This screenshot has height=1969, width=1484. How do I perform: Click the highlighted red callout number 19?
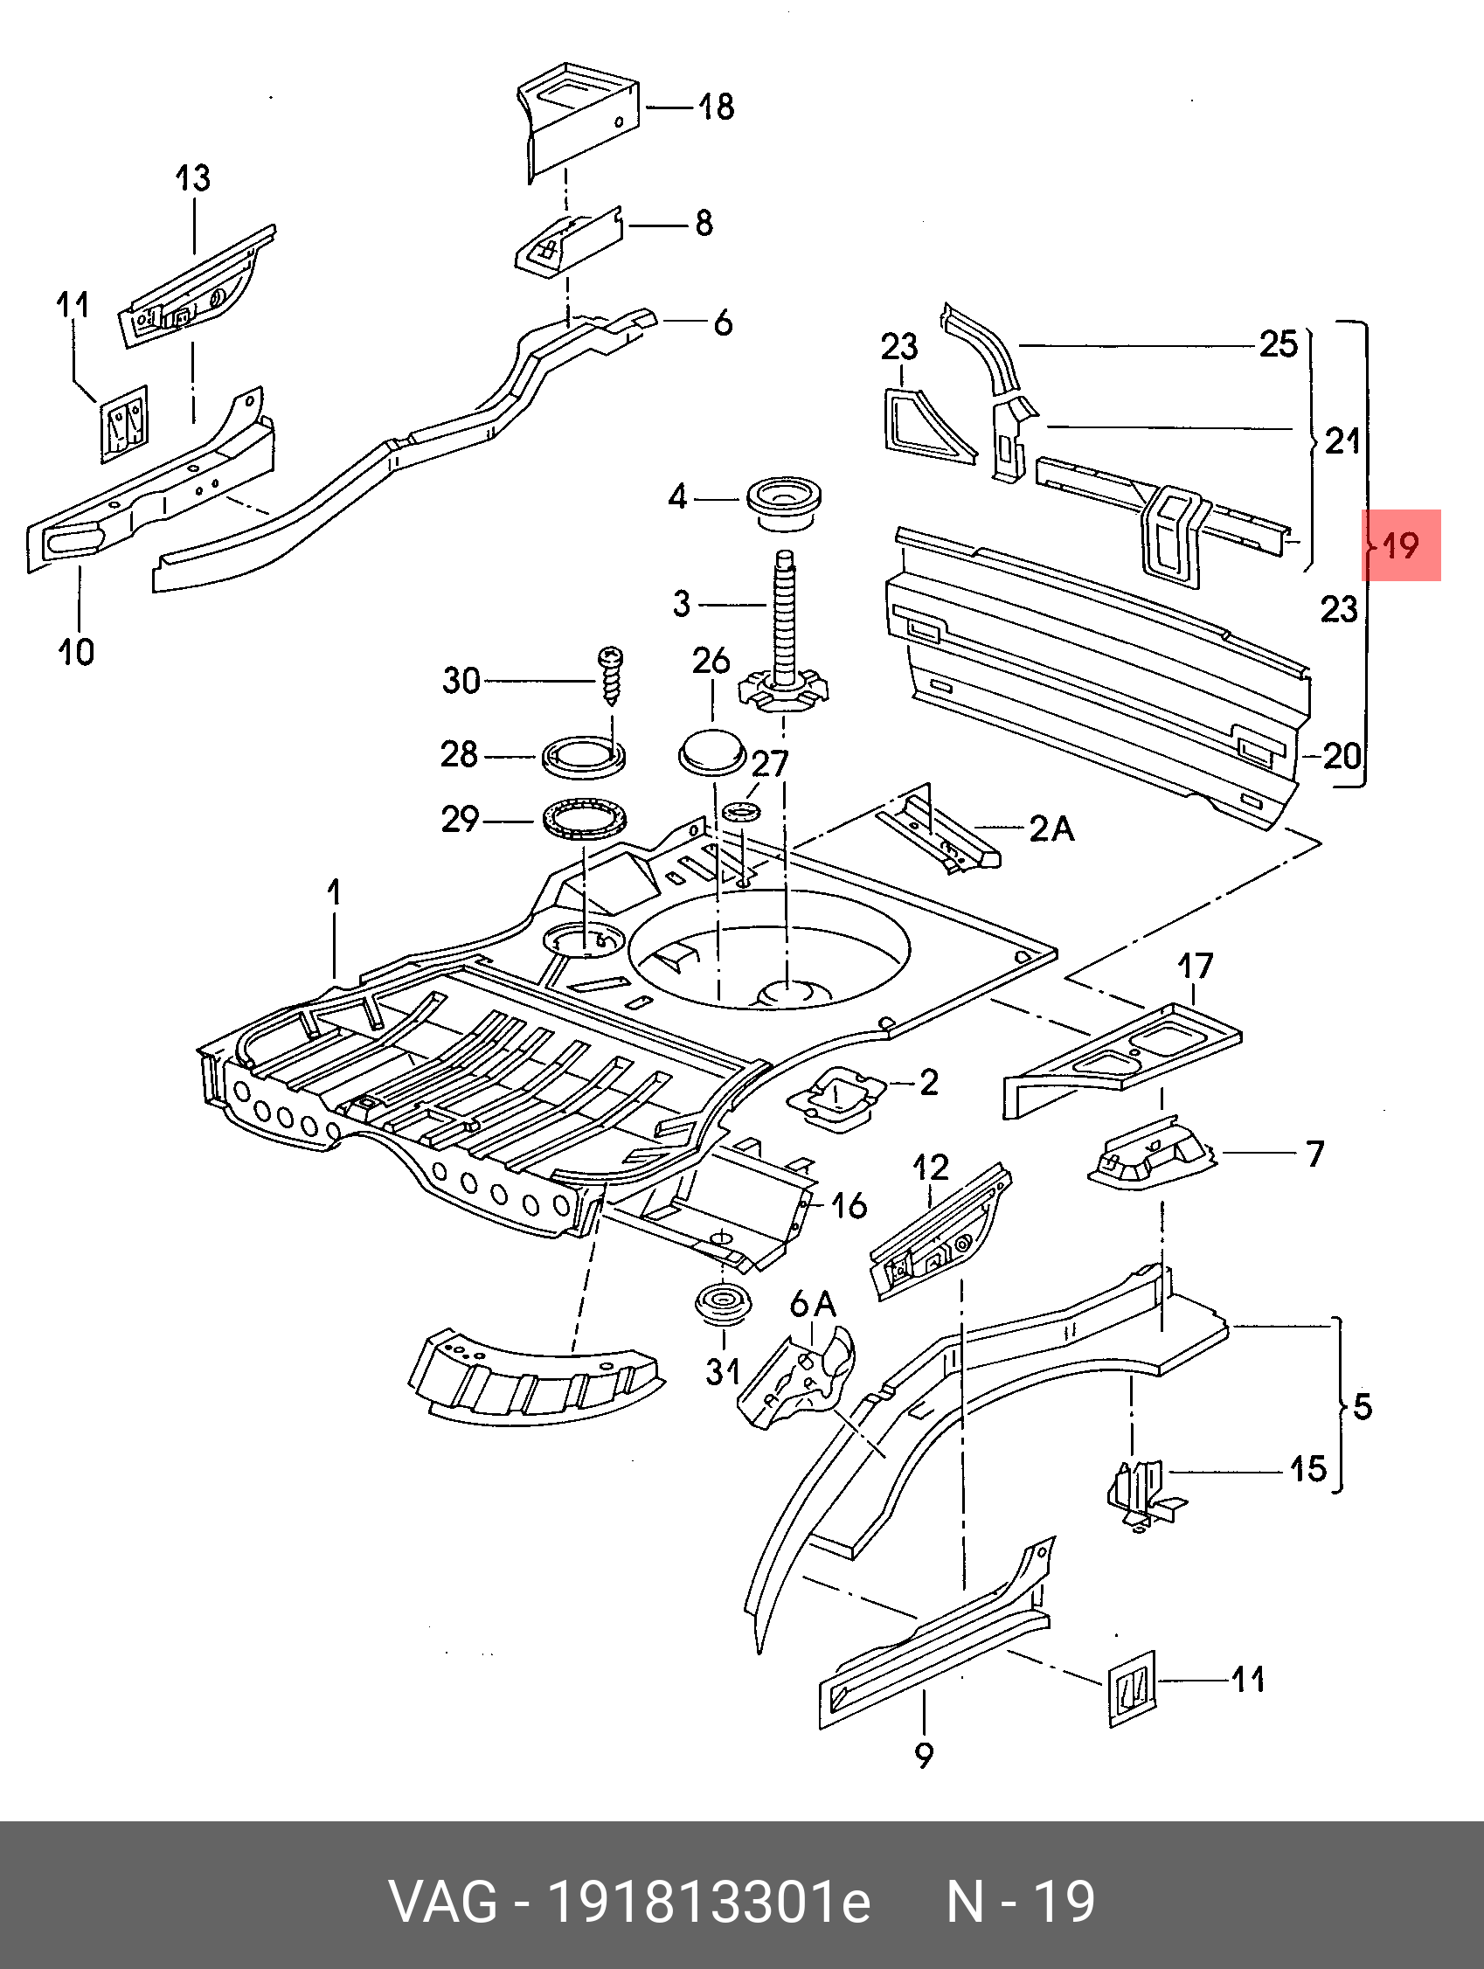[1400, 544]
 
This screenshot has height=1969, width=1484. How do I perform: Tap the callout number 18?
[716, 107]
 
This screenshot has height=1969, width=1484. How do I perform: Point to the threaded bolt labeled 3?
[785, 623]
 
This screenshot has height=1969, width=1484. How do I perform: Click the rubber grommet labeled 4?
[782, 503]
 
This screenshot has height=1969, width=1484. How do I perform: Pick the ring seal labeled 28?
[584, 757]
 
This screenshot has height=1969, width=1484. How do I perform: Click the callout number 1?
[334, 891]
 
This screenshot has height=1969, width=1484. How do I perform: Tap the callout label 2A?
[1051, 829]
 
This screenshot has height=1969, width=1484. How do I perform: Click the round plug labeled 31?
[722, 1306]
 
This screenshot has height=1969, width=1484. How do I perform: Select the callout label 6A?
[813, 1305]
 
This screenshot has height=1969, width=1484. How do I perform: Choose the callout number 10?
[76, 652]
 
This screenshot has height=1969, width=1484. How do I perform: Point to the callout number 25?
[1279, 344]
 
